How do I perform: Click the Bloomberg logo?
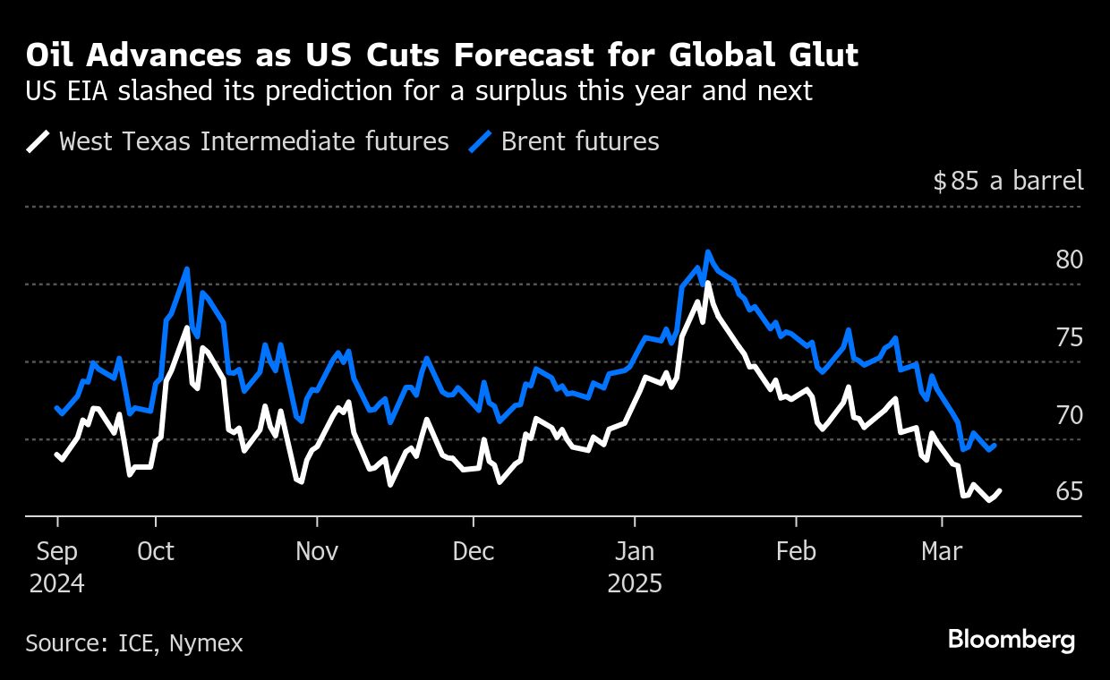[1011, 641]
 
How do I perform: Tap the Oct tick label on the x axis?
[156, 552]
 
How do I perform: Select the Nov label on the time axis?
[316, 552]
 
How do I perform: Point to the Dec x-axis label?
[474, 552]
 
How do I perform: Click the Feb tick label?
[796, 552]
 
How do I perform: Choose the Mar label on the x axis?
[942, 552]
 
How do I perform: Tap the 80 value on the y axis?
[1069, 260]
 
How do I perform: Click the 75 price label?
[1069, 338]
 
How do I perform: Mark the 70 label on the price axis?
[1069, 415]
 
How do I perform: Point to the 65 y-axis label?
[1069, 492]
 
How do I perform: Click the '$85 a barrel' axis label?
[1008, 182]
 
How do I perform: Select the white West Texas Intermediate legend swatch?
[38, 142]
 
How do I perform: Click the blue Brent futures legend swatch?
[481, 142]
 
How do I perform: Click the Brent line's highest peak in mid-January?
[707, 252]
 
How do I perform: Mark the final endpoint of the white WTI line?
[1000, 490]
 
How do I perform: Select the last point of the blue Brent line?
[995, 445]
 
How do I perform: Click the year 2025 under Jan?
[635, 584]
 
